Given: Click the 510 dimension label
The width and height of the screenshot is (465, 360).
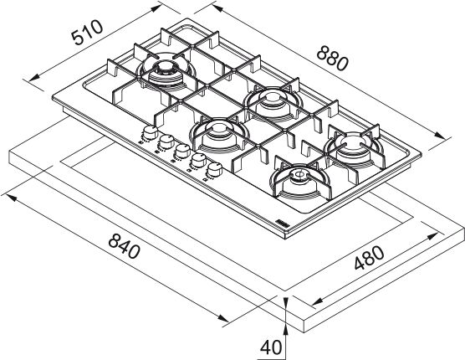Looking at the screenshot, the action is (x=87, y=33).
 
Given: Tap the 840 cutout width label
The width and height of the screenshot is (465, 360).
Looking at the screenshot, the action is (x=124, y=246).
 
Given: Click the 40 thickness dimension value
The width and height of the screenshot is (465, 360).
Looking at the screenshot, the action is (x=271, y=347).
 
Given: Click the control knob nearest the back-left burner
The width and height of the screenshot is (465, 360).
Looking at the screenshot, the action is (x=150, y=132).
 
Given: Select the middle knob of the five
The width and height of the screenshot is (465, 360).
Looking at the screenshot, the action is (x=182, y=151).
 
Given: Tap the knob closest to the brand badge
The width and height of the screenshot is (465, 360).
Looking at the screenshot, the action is (x=214, y=170).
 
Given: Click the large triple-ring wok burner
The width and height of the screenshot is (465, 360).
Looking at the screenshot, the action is (x=166, y=73).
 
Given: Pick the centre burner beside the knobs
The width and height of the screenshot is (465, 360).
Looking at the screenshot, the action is (x=218, y=135).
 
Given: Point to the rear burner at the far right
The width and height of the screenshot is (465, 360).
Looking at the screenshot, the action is (x=354, y=147).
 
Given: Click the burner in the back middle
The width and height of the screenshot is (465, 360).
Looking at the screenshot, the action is (x=273, y=102).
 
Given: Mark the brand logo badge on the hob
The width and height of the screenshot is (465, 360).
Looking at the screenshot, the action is (x=282, y=224).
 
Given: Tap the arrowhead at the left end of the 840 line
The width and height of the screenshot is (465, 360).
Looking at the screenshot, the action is (x=11, y=197).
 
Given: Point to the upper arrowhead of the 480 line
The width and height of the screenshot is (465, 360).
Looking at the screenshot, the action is (x=432, y=237).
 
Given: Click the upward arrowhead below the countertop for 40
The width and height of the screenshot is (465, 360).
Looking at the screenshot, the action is (x=285, y=329).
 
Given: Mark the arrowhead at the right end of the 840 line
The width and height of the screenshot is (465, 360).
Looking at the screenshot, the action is (x=222, y=317).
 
